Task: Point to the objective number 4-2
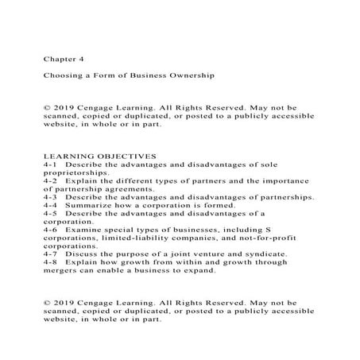pos(53,180)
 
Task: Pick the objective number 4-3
pos(53,196)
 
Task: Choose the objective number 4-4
pos(53,205)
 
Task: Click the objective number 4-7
pos(53,254)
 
